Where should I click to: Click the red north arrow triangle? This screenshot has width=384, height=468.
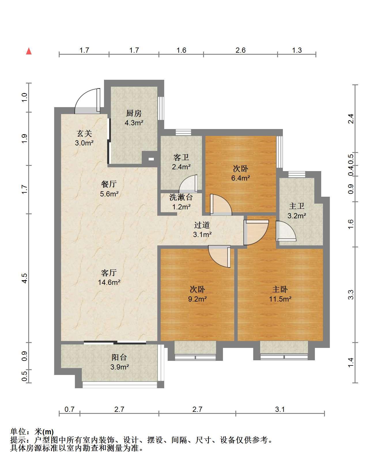coord(29,51)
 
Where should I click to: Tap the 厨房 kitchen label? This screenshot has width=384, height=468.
coord(134,113)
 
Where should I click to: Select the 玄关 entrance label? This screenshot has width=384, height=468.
coord(84,133)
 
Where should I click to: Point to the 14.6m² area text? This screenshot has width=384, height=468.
coord(109,282)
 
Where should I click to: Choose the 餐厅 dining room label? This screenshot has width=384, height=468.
coord(109,184)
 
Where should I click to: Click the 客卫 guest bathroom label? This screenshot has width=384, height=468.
coord(181,157)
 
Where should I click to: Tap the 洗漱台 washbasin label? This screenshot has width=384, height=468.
coord(181,197)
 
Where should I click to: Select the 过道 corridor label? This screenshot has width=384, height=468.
coord(202,225)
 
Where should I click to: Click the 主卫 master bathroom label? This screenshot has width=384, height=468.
coord(297,206)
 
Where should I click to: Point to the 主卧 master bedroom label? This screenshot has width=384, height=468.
coord(280,289)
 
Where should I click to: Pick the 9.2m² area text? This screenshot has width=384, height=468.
coord(197,299)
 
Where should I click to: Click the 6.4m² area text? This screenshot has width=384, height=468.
coord(241,178)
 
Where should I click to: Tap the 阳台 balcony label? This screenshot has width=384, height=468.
coord(119,357)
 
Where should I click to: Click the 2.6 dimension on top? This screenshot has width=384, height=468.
coord(241,50)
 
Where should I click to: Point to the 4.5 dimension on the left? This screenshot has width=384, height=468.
coord(24,278)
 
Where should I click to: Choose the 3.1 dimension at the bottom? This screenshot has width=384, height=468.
coord(280,409)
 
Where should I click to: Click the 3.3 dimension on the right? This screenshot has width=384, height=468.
coord(351,295)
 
